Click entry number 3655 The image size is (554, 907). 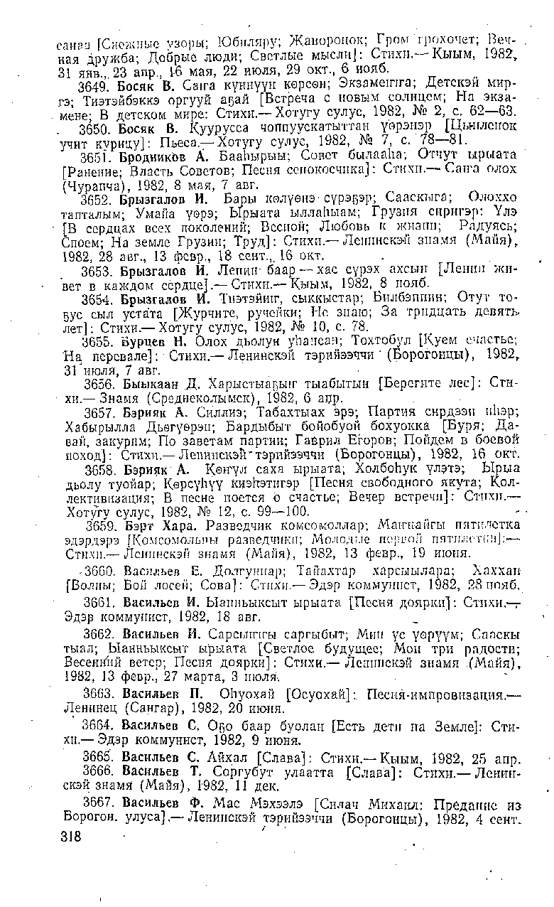100,341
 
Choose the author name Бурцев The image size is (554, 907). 143,341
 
